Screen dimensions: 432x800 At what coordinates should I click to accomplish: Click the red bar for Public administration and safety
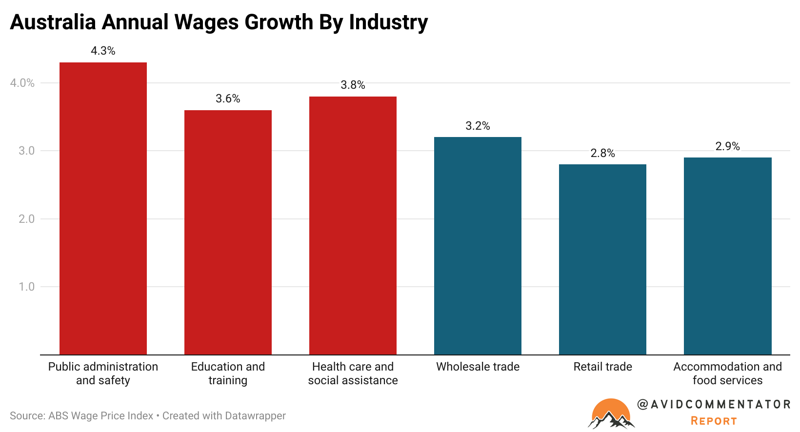click(x=103, y=208)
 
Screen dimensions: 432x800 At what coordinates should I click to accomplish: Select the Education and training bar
click(x=228, y=232)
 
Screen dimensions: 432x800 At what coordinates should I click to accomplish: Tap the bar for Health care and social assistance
click(x=353, y=225)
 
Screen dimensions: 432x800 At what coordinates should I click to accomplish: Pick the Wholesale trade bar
click(x=478, y=246)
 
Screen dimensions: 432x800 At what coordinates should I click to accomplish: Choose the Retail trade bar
click(x=602, y=259)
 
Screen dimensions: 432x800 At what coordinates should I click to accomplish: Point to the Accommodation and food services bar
click(x=727, y=256)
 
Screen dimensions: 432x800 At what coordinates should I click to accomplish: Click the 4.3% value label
click(x=103, y=51)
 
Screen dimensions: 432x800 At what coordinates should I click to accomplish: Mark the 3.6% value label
click(x=228, y=98)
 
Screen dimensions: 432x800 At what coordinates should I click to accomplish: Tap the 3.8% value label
click(x=353, y=85)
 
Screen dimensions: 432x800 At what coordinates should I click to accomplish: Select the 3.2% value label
click(x=478, y=126)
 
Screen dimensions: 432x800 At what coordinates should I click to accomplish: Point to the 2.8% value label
click(x=602, y=153)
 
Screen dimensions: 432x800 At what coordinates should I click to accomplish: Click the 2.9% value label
click(x=727, y=146)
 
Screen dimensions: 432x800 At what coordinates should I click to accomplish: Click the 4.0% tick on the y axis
click(x=22, y=83)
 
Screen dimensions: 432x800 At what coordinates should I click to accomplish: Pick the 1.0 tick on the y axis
click(x=26, y=287)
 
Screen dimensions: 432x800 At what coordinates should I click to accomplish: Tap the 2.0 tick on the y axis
click(x=26, y=219)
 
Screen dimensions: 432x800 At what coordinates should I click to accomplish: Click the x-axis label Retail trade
click(x=602, y=367)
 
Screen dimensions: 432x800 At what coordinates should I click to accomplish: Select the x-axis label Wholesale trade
click(x=478, y=367)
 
